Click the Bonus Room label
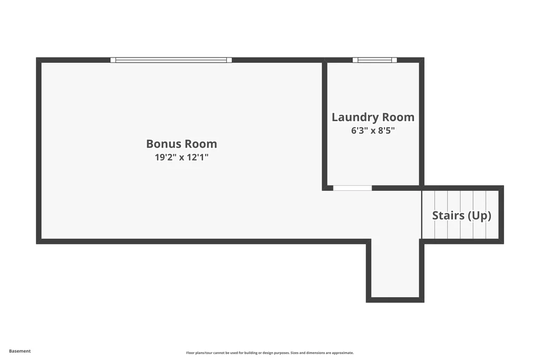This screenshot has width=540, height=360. [x=181, y=144]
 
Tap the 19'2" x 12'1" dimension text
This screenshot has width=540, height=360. [x=181, y=157]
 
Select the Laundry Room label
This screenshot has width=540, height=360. [x=373, y=118]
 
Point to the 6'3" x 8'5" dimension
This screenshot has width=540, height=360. [x=373, y=130]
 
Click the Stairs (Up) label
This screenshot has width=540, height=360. [x=461, y=216]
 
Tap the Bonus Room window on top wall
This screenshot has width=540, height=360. [x=171, y=60]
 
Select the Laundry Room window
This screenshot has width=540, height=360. [x=375, y=60]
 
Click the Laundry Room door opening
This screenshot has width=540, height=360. [x=353, y=188]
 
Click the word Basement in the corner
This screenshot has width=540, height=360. [x=20, y=351]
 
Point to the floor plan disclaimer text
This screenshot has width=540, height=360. [x=270, y=353]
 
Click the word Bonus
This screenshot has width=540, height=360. [x=164, y=144]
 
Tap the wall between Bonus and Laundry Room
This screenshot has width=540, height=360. [x=324, y=124]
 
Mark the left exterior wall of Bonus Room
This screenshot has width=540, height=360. [x=38, y=151]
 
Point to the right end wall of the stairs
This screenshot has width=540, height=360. [x=502, y=215]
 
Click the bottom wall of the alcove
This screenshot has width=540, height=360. [x=395, y=300]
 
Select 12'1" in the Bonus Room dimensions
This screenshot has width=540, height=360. [x=198, y=157]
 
